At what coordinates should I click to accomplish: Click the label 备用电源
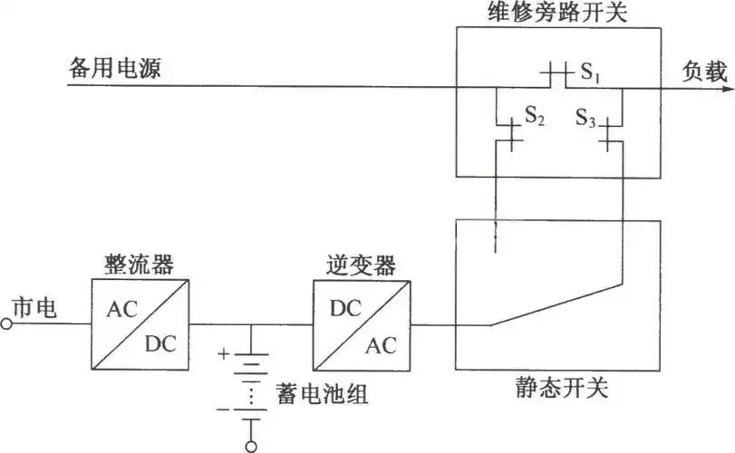(x=114, y=68)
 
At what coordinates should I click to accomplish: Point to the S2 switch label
(x=535, y=115)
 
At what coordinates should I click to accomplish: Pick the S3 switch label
(x=585, y=117)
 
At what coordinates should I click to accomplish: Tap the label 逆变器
(x=360, y=265)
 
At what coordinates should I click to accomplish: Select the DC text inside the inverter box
(x=344, y=308)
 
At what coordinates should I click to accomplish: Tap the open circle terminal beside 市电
(x=7, y=323)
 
